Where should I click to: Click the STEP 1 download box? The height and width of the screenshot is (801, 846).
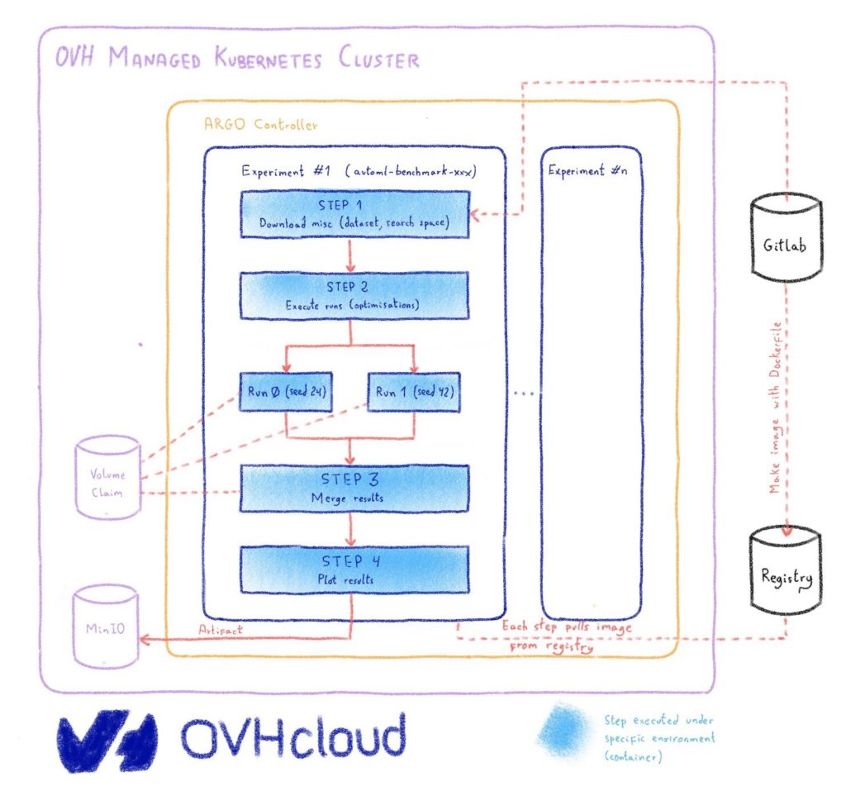355,213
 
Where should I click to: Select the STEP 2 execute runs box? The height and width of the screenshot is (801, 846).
354,295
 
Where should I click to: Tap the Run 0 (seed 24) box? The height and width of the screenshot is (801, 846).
286,392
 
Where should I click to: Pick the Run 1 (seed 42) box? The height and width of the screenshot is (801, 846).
411,392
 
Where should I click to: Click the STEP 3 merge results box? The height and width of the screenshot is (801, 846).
354,487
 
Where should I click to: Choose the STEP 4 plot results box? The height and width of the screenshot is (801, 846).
354,569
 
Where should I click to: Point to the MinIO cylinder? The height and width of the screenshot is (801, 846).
106,628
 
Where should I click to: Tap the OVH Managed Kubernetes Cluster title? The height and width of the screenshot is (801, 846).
237,60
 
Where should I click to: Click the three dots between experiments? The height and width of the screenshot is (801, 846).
523,393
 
